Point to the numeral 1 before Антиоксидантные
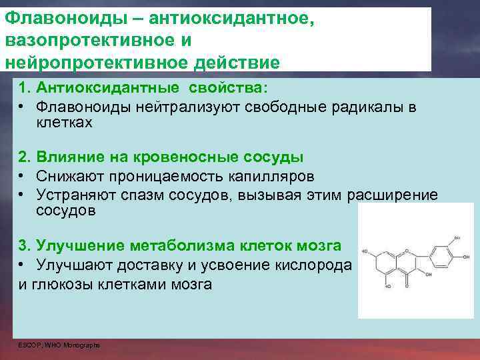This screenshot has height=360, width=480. [x=23, y=89]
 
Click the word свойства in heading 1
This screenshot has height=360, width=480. [x=226, y=89]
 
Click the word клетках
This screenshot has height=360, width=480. [x=64, y=123]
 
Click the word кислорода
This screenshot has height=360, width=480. [x=313, y=265]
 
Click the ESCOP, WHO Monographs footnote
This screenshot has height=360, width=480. [x=59, y=345]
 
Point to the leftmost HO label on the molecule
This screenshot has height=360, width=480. [x=365, y=251]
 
